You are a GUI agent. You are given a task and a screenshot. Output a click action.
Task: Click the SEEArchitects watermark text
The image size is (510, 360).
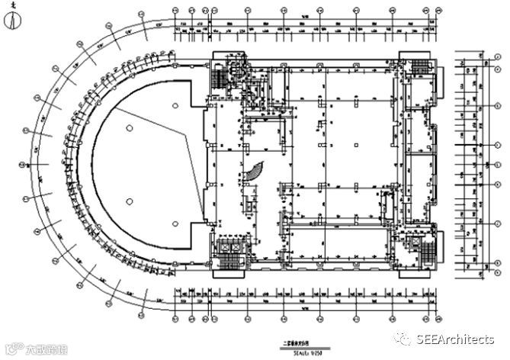[456, 339]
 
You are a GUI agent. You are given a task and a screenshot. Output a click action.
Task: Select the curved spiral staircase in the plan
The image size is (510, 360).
[255, 175]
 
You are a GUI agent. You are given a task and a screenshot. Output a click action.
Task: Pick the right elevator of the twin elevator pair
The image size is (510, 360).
[236, 249]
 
